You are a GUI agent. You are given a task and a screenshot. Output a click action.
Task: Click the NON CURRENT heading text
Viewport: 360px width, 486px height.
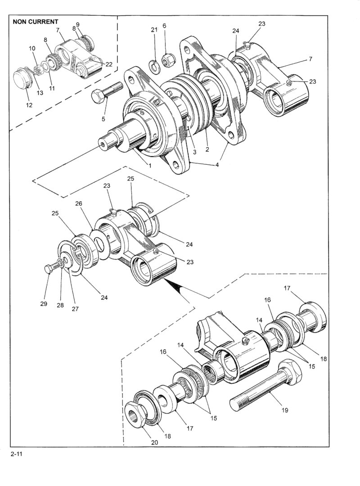(36, 22)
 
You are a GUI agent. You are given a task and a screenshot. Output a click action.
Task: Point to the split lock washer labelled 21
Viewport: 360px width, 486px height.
(154, 66)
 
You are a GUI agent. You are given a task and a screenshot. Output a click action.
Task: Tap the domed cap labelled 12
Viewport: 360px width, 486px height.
(22, 79)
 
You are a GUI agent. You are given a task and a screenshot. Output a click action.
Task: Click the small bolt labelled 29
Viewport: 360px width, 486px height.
(52, 266)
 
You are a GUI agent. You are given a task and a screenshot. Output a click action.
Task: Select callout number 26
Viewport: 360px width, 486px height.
(79, 204)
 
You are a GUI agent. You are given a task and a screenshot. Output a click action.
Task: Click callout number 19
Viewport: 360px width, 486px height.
(284, 410)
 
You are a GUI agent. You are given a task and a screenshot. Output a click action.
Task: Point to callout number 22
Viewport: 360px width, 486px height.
(109, 64)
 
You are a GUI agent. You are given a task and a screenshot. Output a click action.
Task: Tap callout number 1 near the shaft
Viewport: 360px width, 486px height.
(150, 166)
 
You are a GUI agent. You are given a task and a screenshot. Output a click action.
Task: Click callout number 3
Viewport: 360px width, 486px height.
(195, 152)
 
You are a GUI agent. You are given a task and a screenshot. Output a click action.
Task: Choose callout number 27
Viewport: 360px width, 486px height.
(75, 309)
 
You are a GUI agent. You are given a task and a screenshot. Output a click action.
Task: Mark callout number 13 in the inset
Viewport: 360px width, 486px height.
(40, 93)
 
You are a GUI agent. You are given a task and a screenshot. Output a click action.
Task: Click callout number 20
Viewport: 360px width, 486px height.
(154, 442)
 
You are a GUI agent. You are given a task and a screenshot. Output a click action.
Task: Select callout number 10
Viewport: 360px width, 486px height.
(32, 48)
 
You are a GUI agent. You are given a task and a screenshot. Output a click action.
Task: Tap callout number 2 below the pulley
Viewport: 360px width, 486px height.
(207, 149)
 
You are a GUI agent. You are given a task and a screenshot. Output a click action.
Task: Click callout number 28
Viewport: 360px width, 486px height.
(60, 305)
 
